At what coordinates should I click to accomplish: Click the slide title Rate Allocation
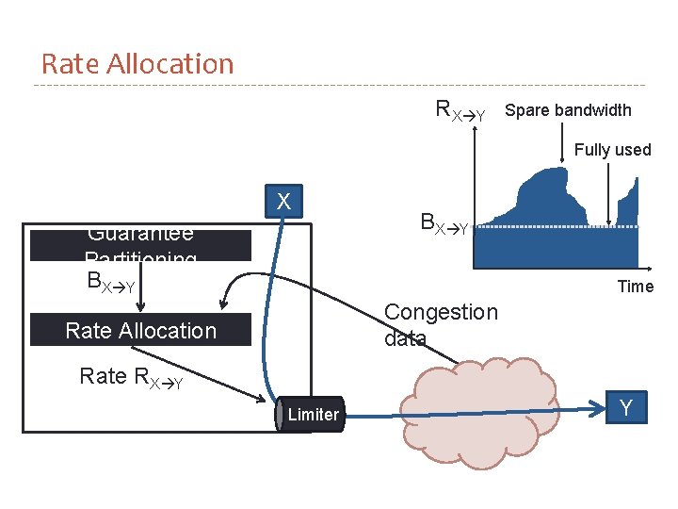[137, 64]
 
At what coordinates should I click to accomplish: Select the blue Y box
[626, 408]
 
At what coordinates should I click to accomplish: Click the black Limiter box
[312, 415]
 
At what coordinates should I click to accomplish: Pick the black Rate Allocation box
[141, 330]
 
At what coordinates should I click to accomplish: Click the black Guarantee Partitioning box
[141, 245]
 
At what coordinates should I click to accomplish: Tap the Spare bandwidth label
[568, 110]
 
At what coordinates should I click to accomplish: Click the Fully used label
[612, 150]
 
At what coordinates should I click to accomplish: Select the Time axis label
[635, 287]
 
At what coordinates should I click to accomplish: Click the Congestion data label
[441, 324]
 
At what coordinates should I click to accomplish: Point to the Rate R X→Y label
[131, 377]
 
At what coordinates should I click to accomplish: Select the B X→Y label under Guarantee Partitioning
[110, 281]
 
